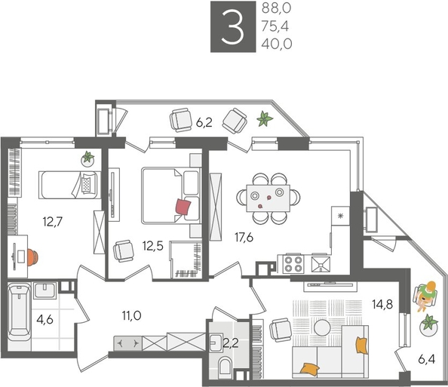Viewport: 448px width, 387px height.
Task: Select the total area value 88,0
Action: click(x=276, y=10)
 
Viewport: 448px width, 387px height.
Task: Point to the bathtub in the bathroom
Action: click(x=17, y=313)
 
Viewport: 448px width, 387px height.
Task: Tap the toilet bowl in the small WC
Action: click(x=225, y=367)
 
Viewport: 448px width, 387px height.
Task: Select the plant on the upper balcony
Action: click(x=265, y=118)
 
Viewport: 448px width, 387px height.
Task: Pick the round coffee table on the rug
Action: click(x=322, y=327)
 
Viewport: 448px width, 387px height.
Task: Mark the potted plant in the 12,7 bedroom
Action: click(x=88, y=158)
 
